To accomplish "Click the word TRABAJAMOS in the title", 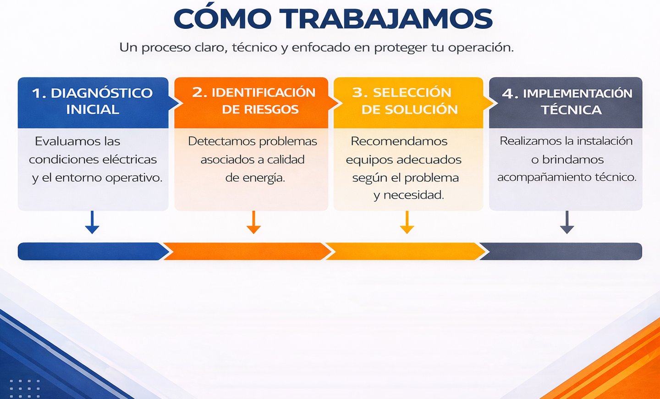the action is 386,19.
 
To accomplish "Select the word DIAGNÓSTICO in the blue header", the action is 102,93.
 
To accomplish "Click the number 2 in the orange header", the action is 199,92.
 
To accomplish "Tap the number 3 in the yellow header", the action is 359,92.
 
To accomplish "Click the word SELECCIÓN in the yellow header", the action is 412,92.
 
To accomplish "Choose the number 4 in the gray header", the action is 509,94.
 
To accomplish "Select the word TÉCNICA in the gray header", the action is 571,110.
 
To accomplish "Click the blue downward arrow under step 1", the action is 92,222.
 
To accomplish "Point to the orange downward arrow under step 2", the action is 253,222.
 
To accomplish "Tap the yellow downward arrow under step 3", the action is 407,222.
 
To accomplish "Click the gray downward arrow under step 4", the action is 567,222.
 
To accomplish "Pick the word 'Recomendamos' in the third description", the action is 399,141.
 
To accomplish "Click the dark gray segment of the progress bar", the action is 561,251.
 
